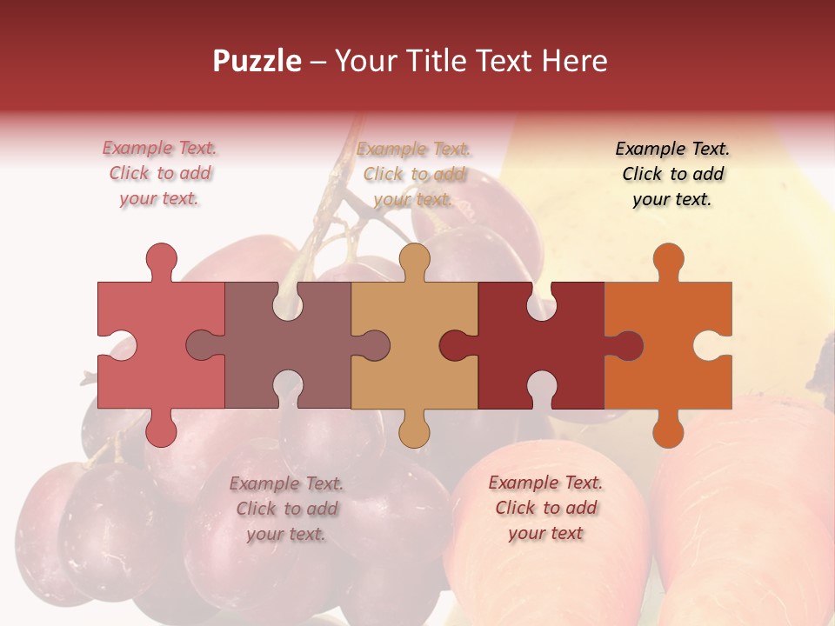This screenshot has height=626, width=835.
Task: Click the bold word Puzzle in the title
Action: point(257,61)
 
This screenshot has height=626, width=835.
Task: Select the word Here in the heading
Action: point(574,61)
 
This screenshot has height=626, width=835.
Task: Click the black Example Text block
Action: point(672,174)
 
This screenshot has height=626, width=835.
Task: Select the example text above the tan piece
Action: point(414,174)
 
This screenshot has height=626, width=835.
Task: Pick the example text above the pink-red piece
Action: point(160,174)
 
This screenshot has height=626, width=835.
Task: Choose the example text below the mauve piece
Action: point(286,509)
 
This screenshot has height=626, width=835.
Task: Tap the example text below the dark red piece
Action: point(545,508)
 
